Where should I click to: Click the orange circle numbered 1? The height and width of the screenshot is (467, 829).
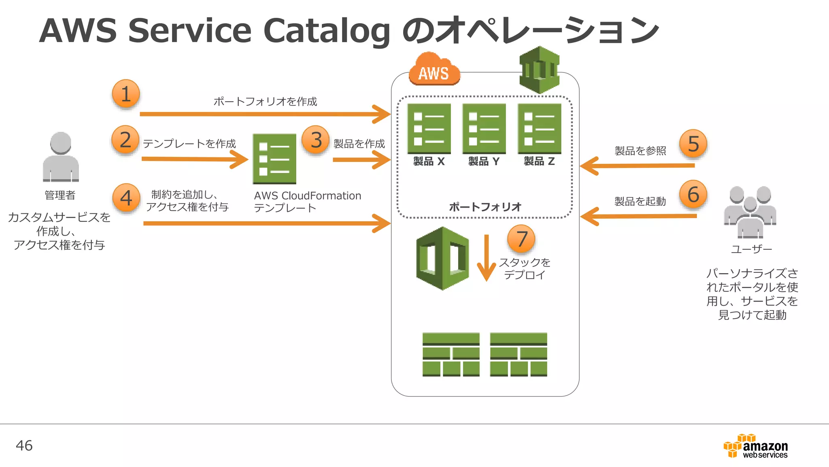point(126,94)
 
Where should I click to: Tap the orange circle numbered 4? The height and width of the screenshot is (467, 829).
point(126,198)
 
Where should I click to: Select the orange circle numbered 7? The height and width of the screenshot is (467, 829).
point(521,239)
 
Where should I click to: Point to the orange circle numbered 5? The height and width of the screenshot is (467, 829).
point(693,144)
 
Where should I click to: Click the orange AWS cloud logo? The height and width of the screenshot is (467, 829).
point(434,70)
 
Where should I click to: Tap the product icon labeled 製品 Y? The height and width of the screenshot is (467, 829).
point(484,129)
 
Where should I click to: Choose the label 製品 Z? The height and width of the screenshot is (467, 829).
point(539,161)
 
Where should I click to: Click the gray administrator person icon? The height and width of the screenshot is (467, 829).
point(61,157)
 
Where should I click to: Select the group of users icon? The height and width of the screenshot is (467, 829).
point(750,212)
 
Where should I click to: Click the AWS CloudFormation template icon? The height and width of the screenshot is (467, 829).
point(274,159)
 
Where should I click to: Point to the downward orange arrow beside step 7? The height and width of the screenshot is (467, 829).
point(486,258)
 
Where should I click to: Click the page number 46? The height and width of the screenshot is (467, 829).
point(24,446)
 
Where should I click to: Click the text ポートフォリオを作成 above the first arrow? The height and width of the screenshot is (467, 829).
point(265,101)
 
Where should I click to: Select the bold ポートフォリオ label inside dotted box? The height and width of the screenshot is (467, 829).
point(485,207)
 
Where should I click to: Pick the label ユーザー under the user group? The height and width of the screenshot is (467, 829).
point(751,249)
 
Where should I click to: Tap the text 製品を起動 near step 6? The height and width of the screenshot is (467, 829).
point(640,201)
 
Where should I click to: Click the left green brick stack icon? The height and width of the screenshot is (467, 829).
point(451,355)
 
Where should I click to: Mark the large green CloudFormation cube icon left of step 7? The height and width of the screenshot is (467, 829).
point(442,259)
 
